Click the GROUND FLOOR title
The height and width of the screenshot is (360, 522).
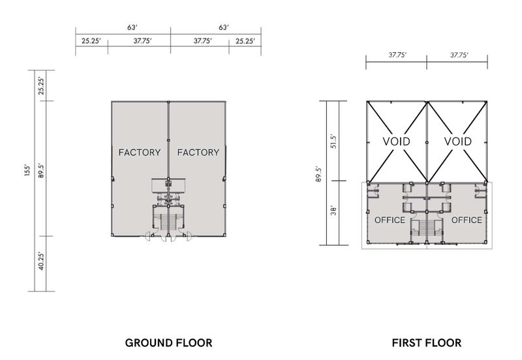(168, 342)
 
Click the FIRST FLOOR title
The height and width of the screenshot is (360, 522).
(427, 342)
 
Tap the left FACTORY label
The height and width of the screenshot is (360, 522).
(140, 153)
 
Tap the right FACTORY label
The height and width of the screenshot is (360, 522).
(198, 153)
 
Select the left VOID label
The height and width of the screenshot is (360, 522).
(396, 142)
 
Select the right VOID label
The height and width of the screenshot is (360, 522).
(458, 142)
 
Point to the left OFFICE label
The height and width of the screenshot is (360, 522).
(390, 220)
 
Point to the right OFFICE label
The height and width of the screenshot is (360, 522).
(467, 220)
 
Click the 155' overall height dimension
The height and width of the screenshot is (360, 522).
(27, 170)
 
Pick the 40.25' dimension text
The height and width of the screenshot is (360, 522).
(40, 261)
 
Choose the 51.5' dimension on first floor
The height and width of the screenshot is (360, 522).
(334, 142)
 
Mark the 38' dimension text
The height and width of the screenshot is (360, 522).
(333, 211)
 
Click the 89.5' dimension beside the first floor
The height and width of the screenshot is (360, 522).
(318, 174)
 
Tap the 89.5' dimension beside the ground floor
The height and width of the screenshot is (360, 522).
(40, 170)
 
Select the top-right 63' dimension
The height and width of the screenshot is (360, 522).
(224, 27)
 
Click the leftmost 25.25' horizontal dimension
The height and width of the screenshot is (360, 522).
(91, 41)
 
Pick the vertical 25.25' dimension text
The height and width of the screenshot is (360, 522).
(40, 86)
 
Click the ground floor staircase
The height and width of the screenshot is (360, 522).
(168, 222)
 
